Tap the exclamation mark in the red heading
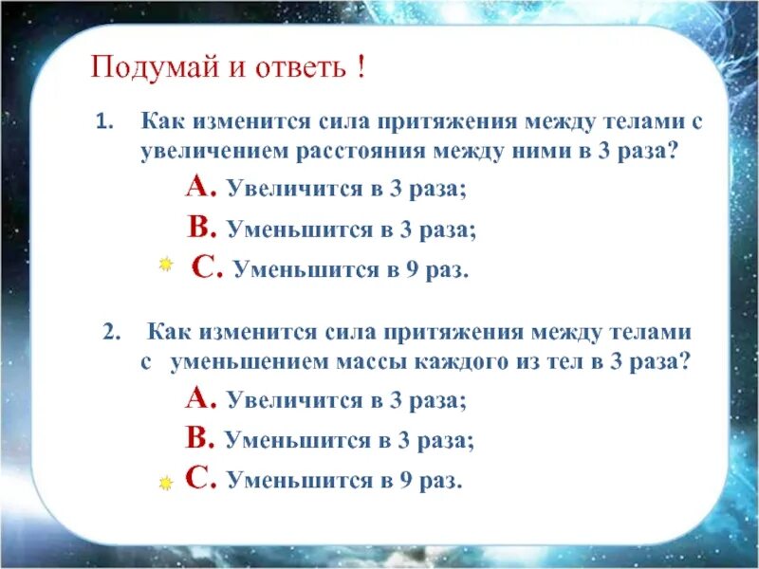(361, 69)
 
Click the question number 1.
(103, 122)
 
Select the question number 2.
(109, 332)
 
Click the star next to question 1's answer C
(165, 266)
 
